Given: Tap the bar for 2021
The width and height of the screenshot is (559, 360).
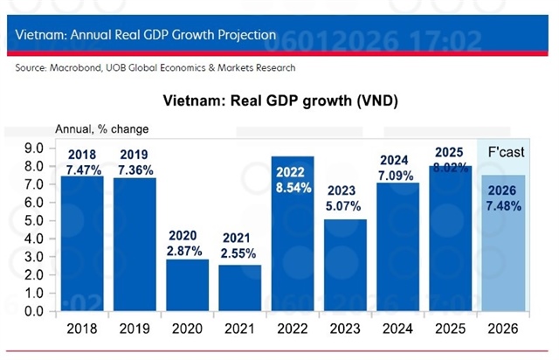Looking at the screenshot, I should (x=239, y=288).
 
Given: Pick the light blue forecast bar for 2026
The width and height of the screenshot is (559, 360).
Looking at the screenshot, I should (x=500, y=262).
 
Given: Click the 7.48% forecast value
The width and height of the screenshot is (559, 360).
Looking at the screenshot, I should (x=500, y=205).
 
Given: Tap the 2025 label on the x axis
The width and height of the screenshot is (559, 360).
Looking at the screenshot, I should (x=449, y=329).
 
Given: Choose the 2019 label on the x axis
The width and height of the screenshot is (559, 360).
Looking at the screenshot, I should (x=135, y=329).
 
